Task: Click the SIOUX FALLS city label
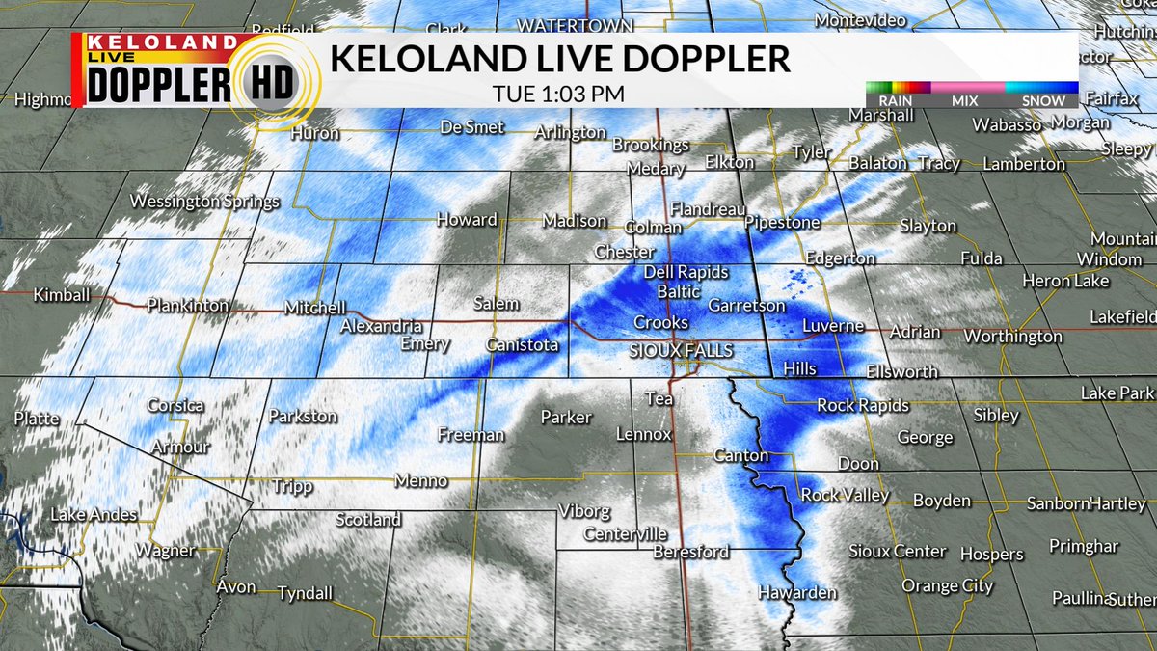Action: [681, 351]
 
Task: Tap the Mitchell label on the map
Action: [314, 309]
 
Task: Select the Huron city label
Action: [314, 133]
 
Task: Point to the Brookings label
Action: [651, 146]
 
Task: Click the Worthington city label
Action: [1012, 337]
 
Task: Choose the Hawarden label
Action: [797, 593]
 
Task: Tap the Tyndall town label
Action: [305, 593]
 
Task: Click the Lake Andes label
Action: [94, 515]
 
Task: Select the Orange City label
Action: [948, 586]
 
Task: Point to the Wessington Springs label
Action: [204, 203]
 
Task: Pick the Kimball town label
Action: [62, 294]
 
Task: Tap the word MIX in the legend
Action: [964, 101]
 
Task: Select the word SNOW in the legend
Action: [1044, 101]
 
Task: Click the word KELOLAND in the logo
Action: [161, 42]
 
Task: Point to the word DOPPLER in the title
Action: [704, 60]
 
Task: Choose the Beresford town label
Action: [690, 553]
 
